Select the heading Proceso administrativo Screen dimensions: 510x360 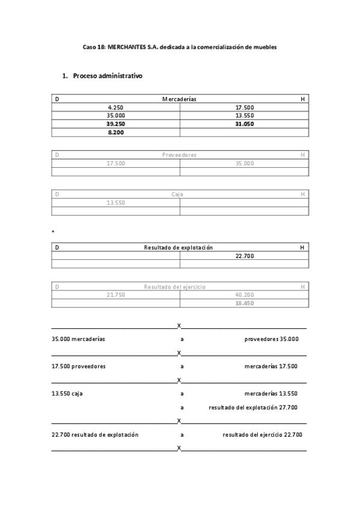pyautogui.click(x=108, y=76)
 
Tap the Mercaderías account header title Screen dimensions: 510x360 pyautogui.click(x=179, y=98)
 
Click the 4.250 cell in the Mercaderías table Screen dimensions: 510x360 pyautogui.click(x=115, y=107)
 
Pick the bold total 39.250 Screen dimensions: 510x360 pyautogui.click(x=115, y=123)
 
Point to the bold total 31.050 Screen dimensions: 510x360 pyautogui.click(x=244, y=123)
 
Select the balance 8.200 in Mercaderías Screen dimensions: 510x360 pyautogui.click(x=115, y=132)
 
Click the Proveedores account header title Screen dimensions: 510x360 pyautogui.click(x=179, y=155)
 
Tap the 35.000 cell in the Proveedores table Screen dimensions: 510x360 pyautogui.click(x=244, y=163)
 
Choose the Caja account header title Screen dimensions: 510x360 pyautogui.click(x=177, y=194)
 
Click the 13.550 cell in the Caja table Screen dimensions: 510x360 pyautogui.click(x=115, y=203)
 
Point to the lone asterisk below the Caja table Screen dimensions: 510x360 pyautogui.click(x=53, y=232)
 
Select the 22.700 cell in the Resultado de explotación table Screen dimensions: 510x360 pyautogui.click(x=244, y=256)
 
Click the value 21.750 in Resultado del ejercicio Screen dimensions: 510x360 pyautogui.click(x=115, y=295)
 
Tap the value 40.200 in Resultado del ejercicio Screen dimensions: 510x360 pyautogui.click(x=244, y=295)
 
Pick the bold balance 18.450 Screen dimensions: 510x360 pyautogui.click(x=244, y=303)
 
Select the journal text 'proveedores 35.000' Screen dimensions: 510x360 pyautogui.click(x=271, y=339)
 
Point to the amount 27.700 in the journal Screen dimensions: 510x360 pyautogui.click(x=288, y=407)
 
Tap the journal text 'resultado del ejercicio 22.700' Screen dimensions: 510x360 pyautogui.click(x=262, y=434)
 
